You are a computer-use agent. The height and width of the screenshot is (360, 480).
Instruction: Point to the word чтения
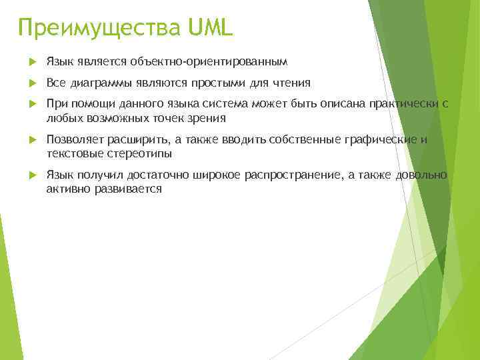point(295,83)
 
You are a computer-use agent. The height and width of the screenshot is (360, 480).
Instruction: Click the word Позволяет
point(75,139)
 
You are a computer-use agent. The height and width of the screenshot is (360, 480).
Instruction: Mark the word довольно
point(421,175)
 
